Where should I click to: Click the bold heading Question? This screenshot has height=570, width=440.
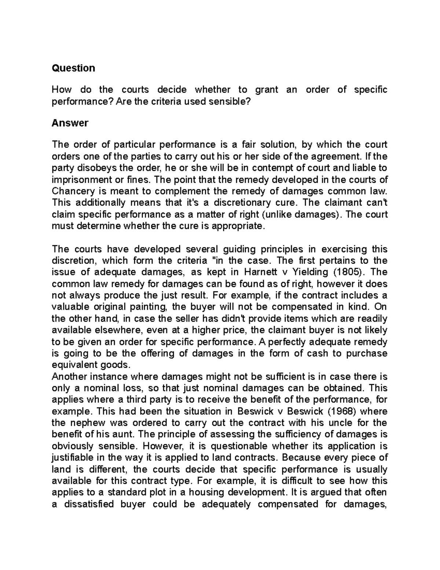point(73,68)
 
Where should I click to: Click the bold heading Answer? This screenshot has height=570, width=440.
point(70,123)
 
